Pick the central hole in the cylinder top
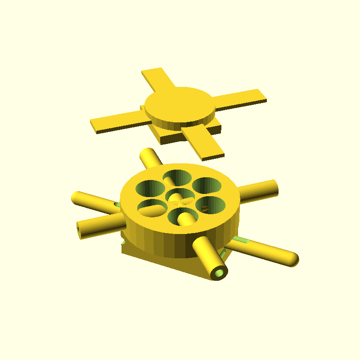[x=179, y=196]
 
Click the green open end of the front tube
[x=220, y=273]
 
